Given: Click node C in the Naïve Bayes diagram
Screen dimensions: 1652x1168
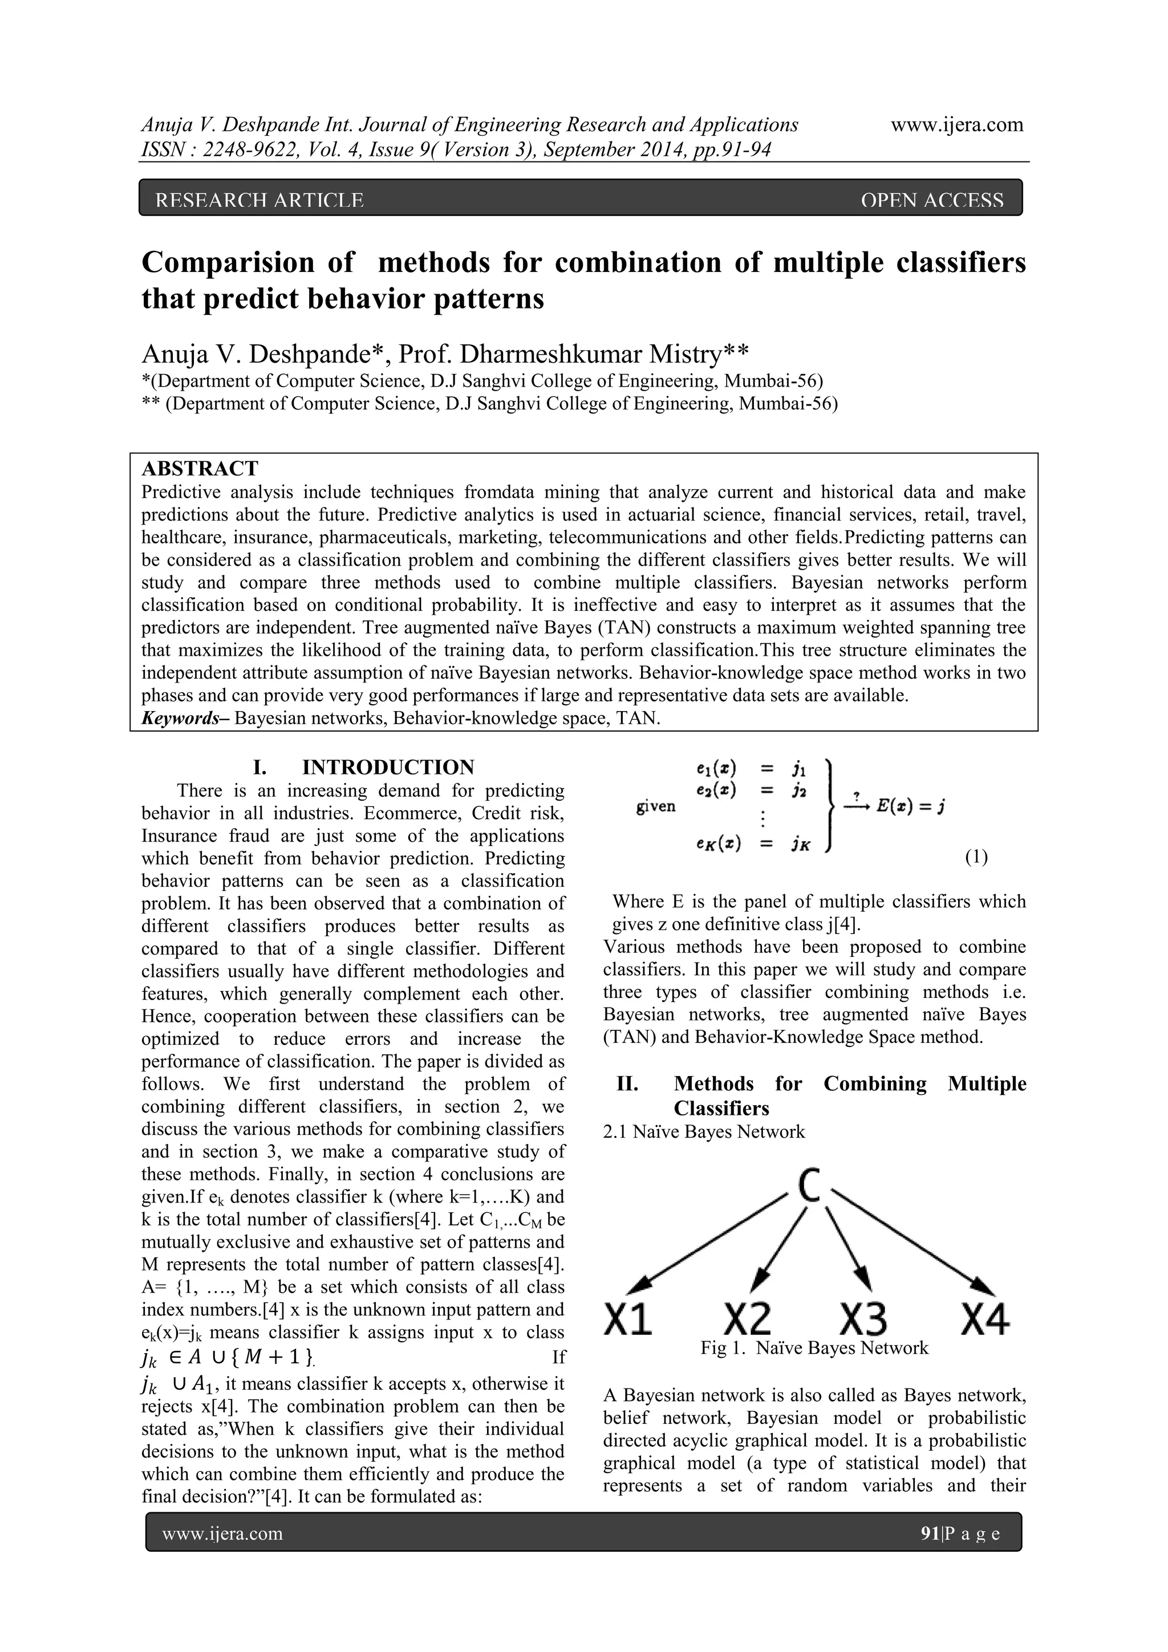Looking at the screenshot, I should click(810, 1185).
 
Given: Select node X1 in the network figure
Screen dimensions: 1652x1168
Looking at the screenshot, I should click(627, 1318).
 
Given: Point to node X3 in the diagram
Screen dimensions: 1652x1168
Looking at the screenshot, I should click(863, 1318).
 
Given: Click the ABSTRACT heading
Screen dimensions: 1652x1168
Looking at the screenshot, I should click(200, 468).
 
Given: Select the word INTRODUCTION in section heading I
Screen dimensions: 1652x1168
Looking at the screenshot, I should click(388, 767).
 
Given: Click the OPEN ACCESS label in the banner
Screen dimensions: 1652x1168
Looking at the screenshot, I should click(931, 200).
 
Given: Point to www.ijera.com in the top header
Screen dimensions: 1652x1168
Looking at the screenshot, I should click(956, 124).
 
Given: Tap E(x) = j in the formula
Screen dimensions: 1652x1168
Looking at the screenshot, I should click(910, 806).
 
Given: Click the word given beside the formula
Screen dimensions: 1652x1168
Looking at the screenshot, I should click(656, 806).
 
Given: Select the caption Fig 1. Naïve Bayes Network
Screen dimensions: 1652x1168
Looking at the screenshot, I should click(814, 1347).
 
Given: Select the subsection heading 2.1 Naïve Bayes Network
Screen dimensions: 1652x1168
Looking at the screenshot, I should click(703, 1132).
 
